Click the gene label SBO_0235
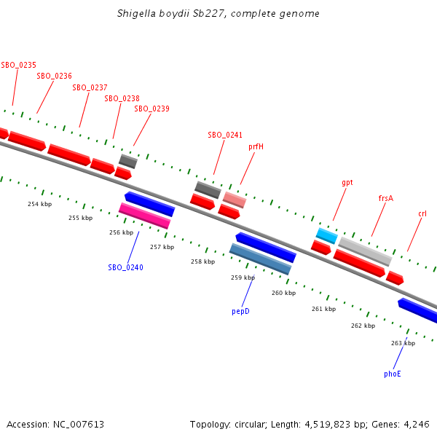point(19,65)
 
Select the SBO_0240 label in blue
point(126,267)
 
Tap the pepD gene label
point(241,311)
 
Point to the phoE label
point(393,374)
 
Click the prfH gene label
point(256,146)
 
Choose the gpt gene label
point(347,182)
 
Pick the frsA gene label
point(386,197)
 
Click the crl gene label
point(422,213)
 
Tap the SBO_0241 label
point(225,135)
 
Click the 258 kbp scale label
point(202,261)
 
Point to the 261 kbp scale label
point(323,309)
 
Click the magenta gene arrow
point(144,216)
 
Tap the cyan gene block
point(326,235)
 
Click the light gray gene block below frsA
point(365,251)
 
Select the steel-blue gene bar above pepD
point(260,259)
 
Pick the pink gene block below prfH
point(235,199)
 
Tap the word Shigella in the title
point(138,14)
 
